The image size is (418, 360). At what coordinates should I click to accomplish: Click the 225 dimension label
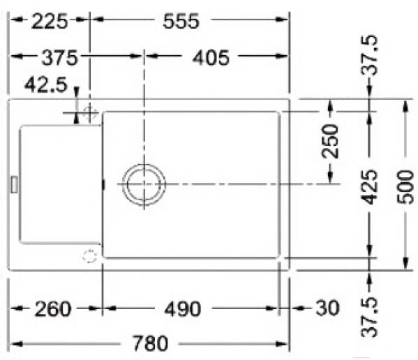coord(50,22)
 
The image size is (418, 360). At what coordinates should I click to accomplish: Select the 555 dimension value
coord(181,22)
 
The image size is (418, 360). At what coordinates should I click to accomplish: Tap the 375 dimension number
coord(60,57)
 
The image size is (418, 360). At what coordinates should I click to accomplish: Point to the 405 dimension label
coord(211,57)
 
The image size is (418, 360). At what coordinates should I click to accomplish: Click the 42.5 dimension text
coord(46,84)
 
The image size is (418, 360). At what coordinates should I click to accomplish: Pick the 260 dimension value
coord(53,309)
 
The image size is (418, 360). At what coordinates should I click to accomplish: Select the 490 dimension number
coord(183,309)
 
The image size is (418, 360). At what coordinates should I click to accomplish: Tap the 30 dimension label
coord(327,308)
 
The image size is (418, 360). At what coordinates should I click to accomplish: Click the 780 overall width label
coord(150,343)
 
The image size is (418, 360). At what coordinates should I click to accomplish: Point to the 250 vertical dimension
coord(330,141)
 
